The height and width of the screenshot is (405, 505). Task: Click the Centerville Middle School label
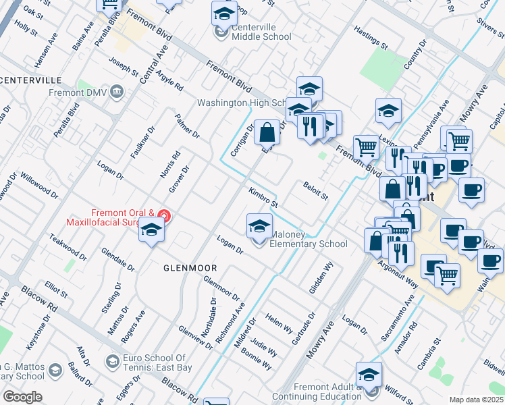pos(252,32)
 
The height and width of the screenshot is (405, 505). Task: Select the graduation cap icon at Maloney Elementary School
pos(259,227)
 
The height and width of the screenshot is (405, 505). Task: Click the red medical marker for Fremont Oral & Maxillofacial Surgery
pos(164,217)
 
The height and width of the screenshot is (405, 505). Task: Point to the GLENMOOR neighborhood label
pos(190,268)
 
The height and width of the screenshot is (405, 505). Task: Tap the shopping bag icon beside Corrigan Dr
pos(267,132)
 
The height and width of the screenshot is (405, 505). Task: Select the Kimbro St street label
pos(263,197)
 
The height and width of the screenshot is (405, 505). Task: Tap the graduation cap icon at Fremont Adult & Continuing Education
pos(369,375)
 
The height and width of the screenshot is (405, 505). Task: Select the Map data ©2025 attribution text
pos(475,400)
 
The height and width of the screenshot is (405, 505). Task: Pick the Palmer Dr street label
pos(187,126)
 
